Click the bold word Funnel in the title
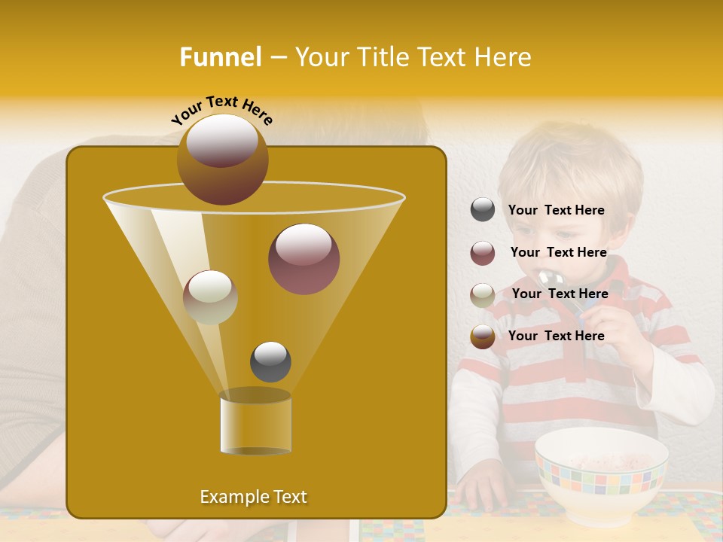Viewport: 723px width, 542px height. click(x=221, y=57)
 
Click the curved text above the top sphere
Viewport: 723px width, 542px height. click(x=221, y=110)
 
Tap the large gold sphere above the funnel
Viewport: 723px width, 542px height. click(x=222, y=159)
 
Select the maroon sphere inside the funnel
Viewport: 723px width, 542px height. click(x=304, y=259)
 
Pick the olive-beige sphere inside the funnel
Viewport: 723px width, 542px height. click(x=210, y=297)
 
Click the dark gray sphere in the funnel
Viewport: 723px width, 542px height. click(x=270, y=361)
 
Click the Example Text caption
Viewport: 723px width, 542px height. click(x=253, y=497)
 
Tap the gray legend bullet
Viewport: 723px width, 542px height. click(x=483, y=210)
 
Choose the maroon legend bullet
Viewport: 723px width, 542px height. click(x=483, y=252)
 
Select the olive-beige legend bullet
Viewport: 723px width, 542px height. click(x=483, y=294)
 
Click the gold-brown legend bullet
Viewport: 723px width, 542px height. click(x=483, y=336)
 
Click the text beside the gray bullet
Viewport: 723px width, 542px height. click(x=557, y=211)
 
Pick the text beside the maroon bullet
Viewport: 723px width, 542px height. click(x=558, y=253)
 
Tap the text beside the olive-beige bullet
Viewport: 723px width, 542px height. click(x=560, y=294)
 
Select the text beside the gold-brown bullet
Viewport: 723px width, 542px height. click(x=557, y=336)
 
